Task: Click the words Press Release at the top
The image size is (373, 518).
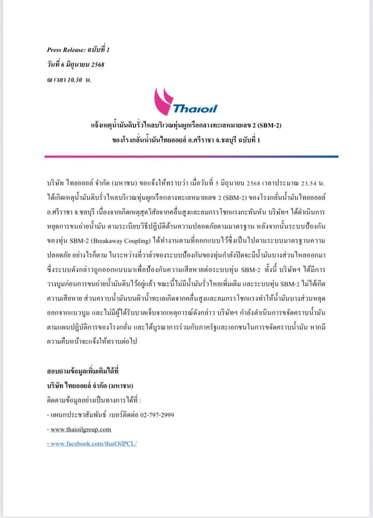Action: tap(64, 50)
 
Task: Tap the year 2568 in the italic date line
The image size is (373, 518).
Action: tap(97, 65)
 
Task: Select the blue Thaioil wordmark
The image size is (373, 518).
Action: tap(195, 108)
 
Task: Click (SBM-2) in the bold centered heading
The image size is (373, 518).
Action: tap(269, 126)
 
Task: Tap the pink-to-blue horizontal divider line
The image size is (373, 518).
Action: tap(191, 157)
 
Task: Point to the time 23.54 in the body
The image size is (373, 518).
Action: tap(308, 183)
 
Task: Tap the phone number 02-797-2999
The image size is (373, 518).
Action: tap(159, 414)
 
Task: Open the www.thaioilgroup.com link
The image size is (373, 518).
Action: tap(81, 429)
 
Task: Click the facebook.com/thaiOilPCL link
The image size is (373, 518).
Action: tap(94, 443)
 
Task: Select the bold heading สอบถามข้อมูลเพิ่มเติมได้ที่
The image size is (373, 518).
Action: tap(82, 371)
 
